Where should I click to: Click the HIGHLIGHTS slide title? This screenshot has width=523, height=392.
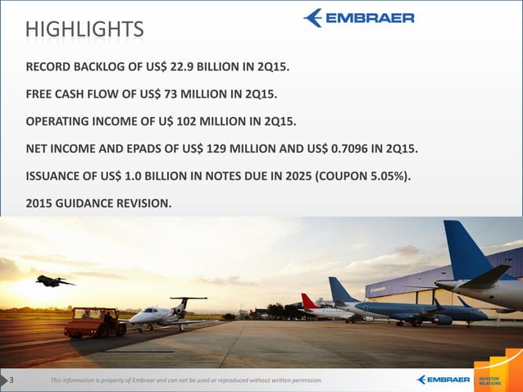tap(84, 30)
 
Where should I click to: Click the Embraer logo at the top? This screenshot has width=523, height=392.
tap(358, 18)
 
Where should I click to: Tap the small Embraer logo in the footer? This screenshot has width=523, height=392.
tap(443, 380)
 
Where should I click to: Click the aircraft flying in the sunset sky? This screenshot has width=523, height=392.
tap(53, 281)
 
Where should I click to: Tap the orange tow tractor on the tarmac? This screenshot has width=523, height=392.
tap(94, 321)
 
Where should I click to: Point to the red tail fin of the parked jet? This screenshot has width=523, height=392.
tap(310, 301)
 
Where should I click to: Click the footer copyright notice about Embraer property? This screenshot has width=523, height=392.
tap(186, 381)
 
